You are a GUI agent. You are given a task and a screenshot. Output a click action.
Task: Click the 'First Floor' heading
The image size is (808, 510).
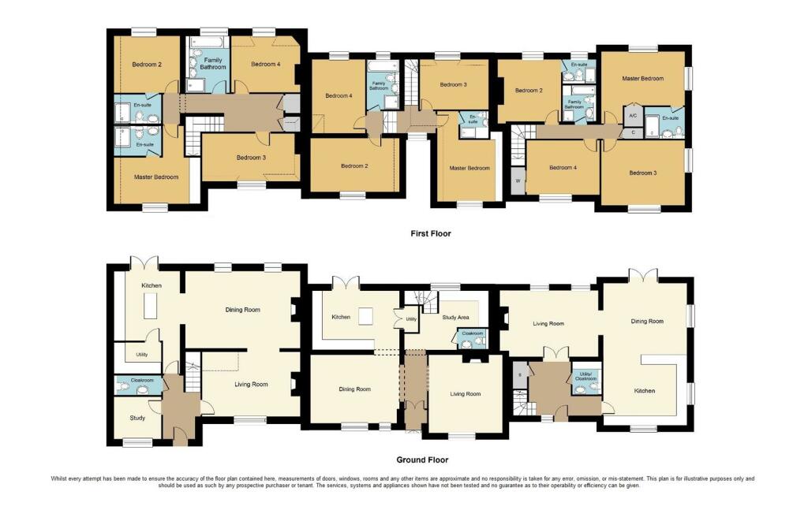point(430,233)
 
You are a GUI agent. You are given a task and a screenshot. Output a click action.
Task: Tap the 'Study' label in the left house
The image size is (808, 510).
point(137,419)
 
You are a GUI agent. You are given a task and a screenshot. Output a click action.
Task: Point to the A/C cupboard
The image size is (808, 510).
point(632,115)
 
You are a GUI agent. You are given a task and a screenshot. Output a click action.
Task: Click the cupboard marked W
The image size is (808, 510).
point(518,181)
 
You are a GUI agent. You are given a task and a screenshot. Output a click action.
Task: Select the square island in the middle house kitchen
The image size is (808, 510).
point(365,316)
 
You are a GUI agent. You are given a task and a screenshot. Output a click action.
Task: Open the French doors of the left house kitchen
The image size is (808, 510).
point(146,262)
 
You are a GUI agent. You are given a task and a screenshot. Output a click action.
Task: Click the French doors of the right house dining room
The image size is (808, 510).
point(643,274)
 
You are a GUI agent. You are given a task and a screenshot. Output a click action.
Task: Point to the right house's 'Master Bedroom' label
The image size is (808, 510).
point(642,78)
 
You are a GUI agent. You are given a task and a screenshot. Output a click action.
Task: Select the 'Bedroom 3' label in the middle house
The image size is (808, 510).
point(453,84)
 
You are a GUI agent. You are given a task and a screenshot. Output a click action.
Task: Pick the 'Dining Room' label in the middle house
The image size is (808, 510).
point(354,389)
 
